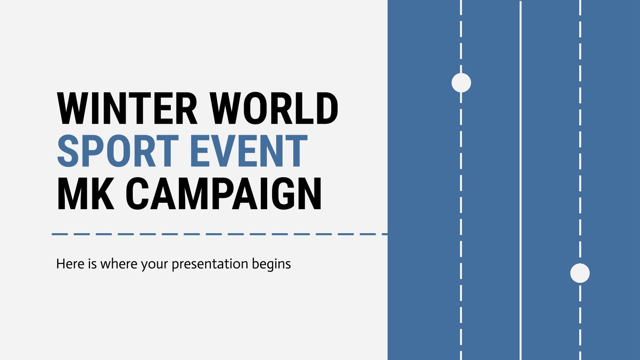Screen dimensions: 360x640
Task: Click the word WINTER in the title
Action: (127, 108)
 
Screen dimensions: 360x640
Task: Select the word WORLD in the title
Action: (274, 108)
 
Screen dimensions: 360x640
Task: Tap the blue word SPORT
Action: (118, 151)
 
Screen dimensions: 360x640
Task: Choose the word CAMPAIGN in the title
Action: (224, 194)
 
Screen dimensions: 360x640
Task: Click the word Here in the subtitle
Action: (70, 264)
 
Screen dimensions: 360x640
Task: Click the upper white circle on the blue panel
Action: (461, 83)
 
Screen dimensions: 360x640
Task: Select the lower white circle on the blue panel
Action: (580, 273)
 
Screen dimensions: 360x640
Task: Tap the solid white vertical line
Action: (520, 180)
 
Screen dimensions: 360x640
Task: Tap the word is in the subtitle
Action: (92, 264)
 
